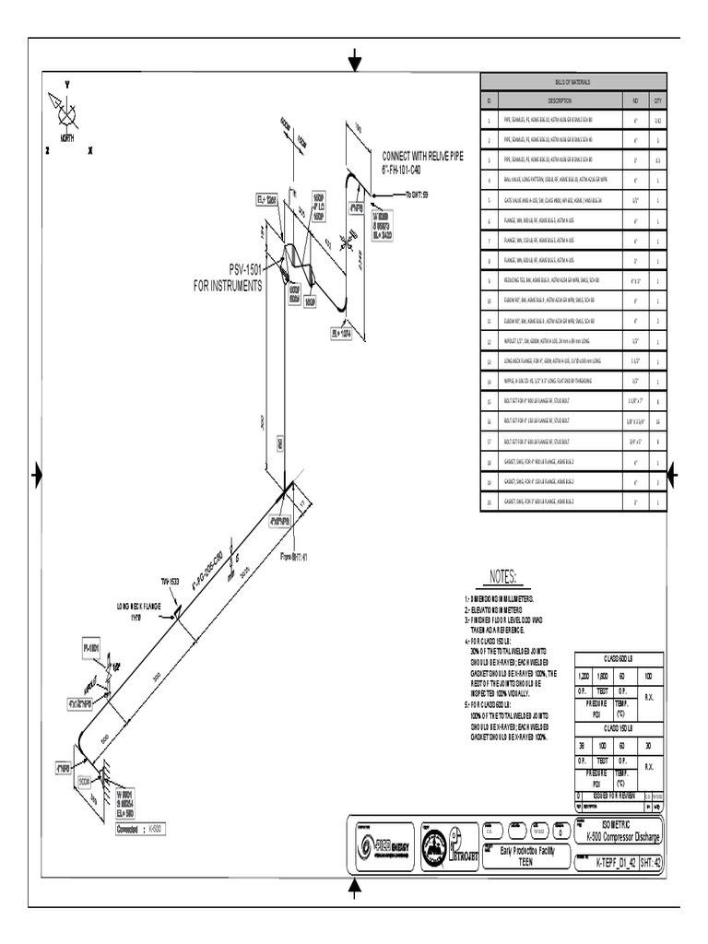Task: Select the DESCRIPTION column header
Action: tap(560, 100)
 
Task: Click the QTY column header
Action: tap(657, 100)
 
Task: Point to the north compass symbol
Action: tap(67, 117)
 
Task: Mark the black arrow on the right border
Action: tap(672, 475)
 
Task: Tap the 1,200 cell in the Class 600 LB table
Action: tap(583, 676)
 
